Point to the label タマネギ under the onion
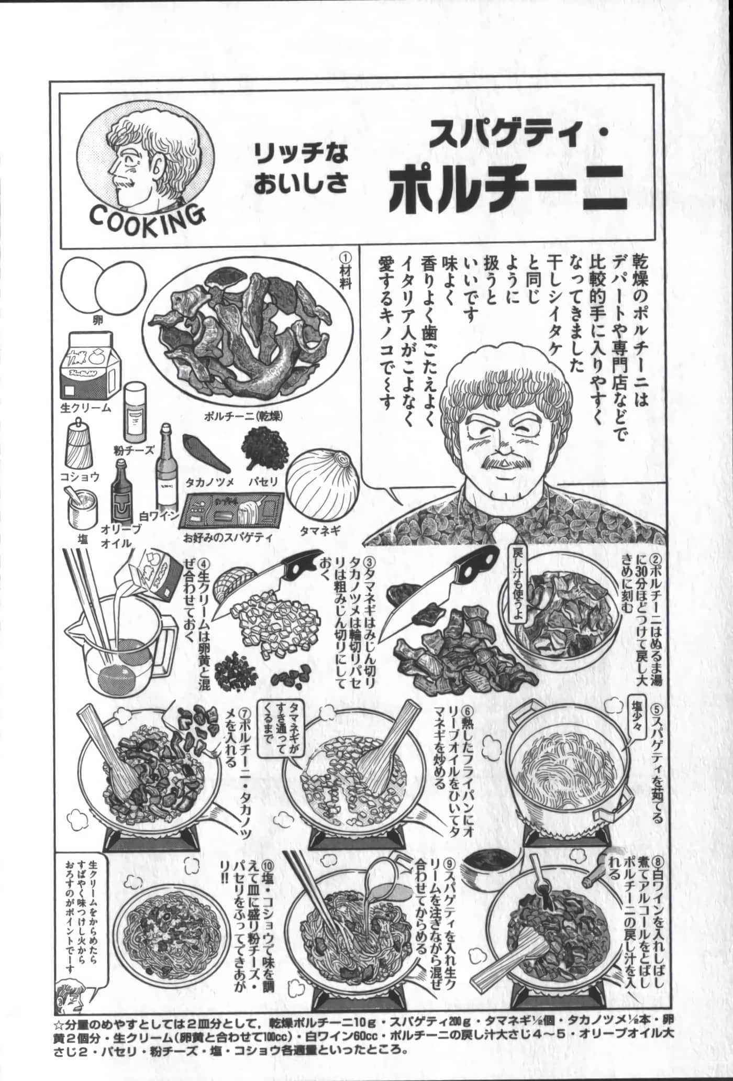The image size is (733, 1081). click(x=320, y=531)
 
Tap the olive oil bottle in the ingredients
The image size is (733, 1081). click(x=121, y=498)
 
